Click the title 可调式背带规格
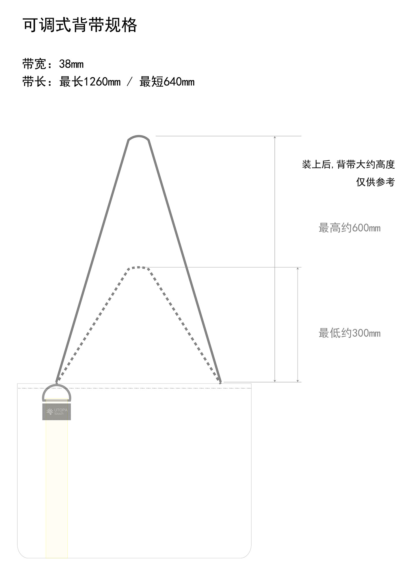click(x=79, y=25)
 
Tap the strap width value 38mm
click(x=71, y=64)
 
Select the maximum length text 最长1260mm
click(x=90, y=82)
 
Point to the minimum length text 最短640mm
click(x=167, y=82)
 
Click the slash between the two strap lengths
click(x=130, y=82)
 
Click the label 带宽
click(x=34, y=64)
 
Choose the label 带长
click(x=34, y=82)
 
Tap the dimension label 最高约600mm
click(x=349, y=228)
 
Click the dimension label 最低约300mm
click(x=349, y=333)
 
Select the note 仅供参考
click(x=375, y=182)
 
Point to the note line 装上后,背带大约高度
click(x=348, y=165)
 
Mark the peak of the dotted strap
click(x=139, y=267)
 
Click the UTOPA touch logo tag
click(x=57, y=412)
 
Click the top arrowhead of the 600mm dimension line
click(x=275, y=137)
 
